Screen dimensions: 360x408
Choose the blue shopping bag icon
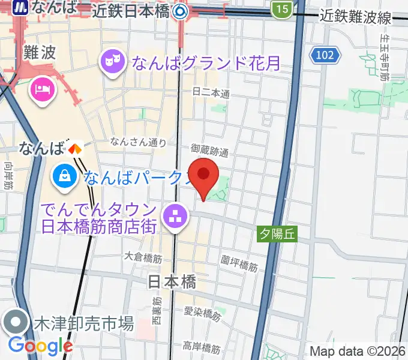[x=64, y=176]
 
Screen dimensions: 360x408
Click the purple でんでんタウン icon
[x=176, y=218]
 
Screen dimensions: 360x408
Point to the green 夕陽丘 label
[x=277, y=233]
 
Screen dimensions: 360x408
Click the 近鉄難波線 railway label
[x=356, y=17]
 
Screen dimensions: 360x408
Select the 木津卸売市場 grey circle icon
[x=16, y=322]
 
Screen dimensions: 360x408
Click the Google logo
[x=41, y=345]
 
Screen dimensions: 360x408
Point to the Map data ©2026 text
[x=358, y=351]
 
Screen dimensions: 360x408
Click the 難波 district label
[x=40, y=52]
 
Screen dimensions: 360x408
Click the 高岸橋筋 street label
[x=202, y=347]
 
